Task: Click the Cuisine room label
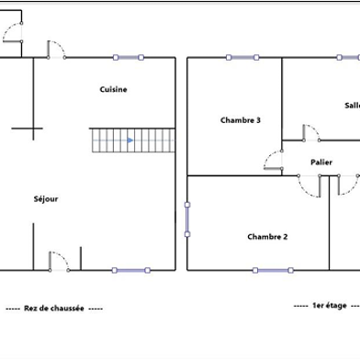point(114,89)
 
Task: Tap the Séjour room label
point(46,198)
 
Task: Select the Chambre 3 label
point(241,120)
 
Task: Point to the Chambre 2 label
point(267,236)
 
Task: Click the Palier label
point(321,163)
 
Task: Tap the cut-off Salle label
point(352,105)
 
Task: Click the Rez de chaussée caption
point(53,309)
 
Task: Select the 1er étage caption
point(326,305)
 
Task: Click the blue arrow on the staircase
point(129,141)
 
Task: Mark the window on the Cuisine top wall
point(129,58)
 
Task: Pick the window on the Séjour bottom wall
point(129,270)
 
